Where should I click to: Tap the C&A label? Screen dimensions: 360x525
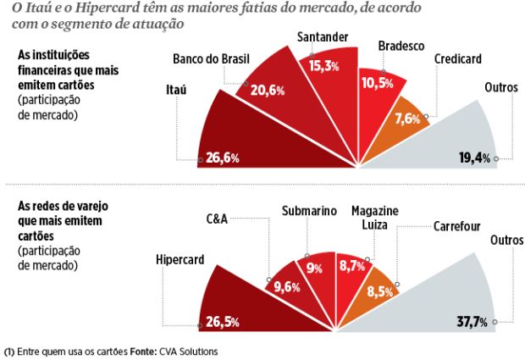tap(218, 219)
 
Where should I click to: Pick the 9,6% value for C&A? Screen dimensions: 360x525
tap(285, 286)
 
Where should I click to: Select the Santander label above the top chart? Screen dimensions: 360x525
tap(325, 37)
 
